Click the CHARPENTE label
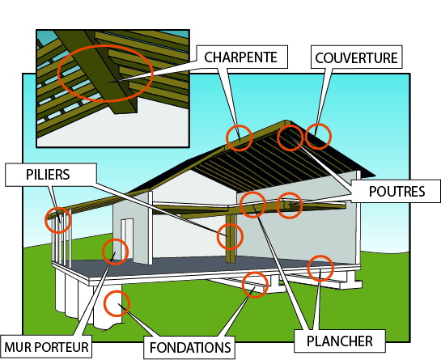241,57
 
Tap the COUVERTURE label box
356,57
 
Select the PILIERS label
48,175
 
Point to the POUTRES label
396,192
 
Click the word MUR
18,347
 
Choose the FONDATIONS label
190,348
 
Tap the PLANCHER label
340,341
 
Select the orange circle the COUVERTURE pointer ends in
318,124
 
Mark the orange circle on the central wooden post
230,224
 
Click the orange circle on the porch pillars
58,208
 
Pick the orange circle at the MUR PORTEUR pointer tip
115,239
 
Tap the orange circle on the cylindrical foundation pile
117,290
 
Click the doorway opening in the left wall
127,239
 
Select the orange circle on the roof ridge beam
239,125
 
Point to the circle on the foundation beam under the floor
255,273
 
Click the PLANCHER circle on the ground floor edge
320,256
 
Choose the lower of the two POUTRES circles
289,193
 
